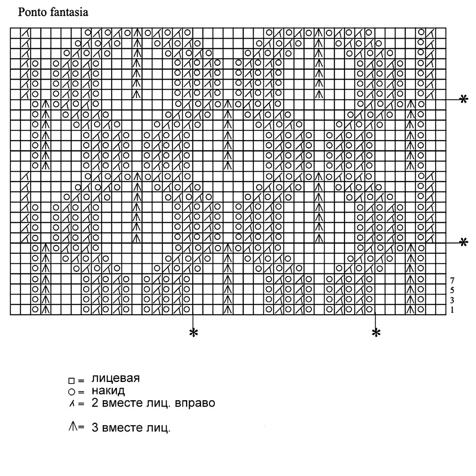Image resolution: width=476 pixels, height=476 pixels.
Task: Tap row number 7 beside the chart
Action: (x=452, y=280)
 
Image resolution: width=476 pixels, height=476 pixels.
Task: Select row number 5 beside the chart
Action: (x=452, y=290)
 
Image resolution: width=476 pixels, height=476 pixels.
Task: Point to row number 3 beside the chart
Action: (x=452, y=300)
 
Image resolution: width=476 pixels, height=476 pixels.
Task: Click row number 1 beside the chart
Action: (x=452, y=310)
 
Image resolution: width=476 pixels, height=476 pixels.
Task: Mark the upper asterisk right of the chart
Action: (x=463, y=99)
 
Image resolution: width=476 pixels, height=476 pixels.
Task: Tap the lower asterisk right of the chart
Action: (x=463, y=242)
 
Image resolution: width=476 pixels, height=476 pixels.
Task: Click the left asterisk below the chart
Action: (x=193, y=333)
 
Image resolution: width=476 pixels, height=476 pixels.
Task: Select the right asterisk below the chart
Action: (x=376, y=333)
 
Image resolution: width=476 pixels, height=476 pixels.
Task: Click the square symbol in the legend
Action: (x=71, y=381)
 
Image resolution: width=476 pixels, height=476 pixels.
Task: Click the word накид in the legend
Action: (x=108, y=391)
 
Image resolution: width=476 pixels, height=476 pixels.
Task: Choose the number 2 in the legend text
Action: (x=95, y=403)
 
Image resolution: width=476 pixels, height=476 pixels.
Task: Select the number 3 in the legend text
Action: (x=95, y=428)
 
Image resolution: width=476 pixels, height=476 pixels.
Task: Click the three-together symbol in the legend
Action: (x=73, y=427)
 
